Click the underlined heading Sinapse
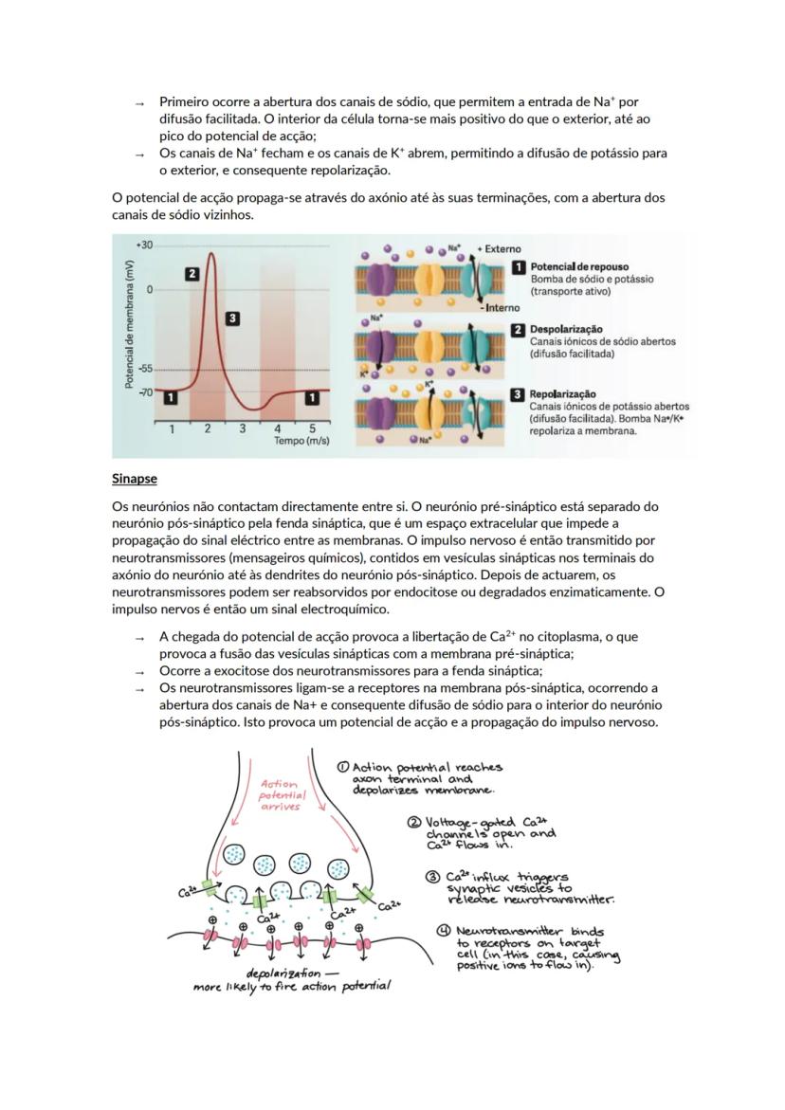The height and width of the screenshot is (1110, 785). pos(135,480)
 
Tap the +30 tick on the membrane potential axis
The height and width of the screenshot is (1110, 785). pos(143,245)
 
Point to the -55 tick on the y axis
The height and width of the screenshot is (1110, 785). pos(144,369)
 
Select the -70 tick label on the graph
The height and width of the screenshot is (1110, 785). pos(144,391)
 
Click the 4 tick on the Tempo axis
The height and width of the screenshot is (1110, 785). pos(278,428)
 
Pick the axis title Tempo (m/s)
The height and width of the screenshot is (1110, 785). pos(301,441)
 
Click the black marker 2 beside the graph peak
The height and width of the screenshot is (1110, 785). pos(192,274)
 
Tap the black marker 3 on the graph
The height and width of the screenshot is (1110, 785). pos(232,318)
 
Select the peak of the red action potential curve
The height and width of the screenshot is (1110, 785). pos(210,253)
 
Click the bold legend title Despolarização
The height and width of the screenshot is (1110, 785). pos(566,329)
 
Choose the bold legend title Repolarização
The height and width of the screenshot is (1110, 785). pos(563,393)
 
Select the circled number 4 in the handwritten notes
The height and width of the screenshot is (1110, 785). pos(442,931)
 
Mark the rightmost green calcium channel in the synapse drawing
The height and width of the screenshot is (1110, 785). pos(365,895)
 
